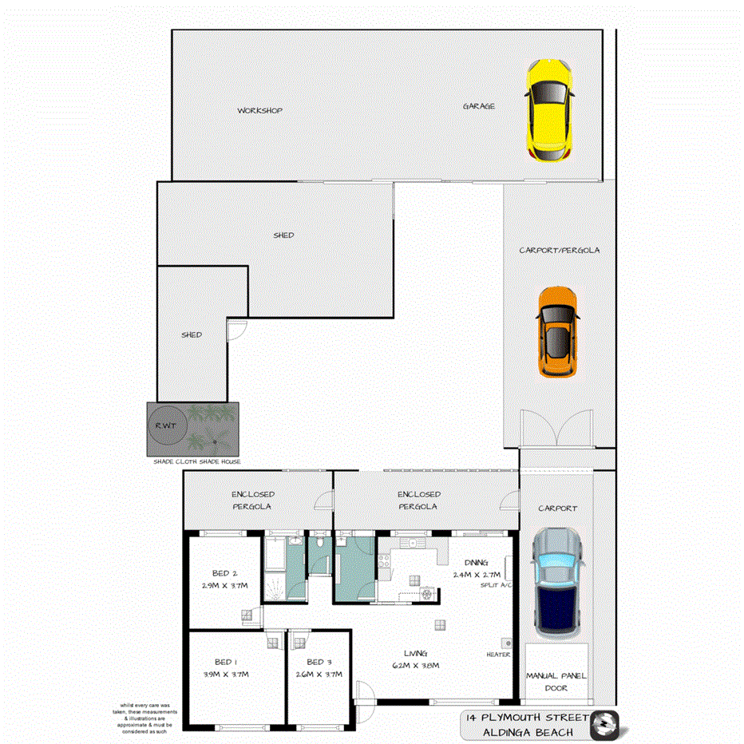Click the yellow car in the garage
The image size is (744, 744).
point(549,109)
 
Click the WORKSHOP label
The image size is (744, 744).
point(259,110)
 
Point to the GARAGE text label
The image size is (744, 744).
point(479,106)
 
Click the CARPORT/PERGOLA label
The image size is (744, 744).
point(559,250)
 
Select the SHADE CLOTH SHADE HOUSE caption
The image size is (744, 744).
point(197,461)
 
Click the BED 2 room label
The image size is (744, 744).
point(225,574)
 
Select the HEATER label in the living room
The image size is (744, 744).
point(498,655)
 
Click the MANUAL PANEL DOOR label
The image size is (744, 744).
point(556,681)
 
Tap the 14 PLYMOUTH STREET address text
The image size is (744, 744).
point(528,718)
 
